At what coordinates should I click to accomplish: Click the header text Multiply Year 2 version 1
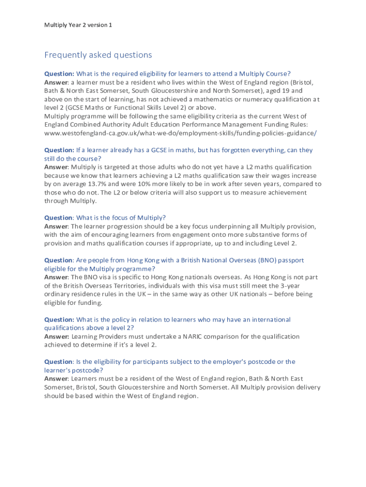(x=78, y=25)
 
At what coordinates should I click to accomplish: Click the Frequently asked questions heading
(x=98, y=55)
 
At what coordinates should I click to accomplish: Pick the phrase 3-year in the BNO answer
(x=290, y=286)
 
